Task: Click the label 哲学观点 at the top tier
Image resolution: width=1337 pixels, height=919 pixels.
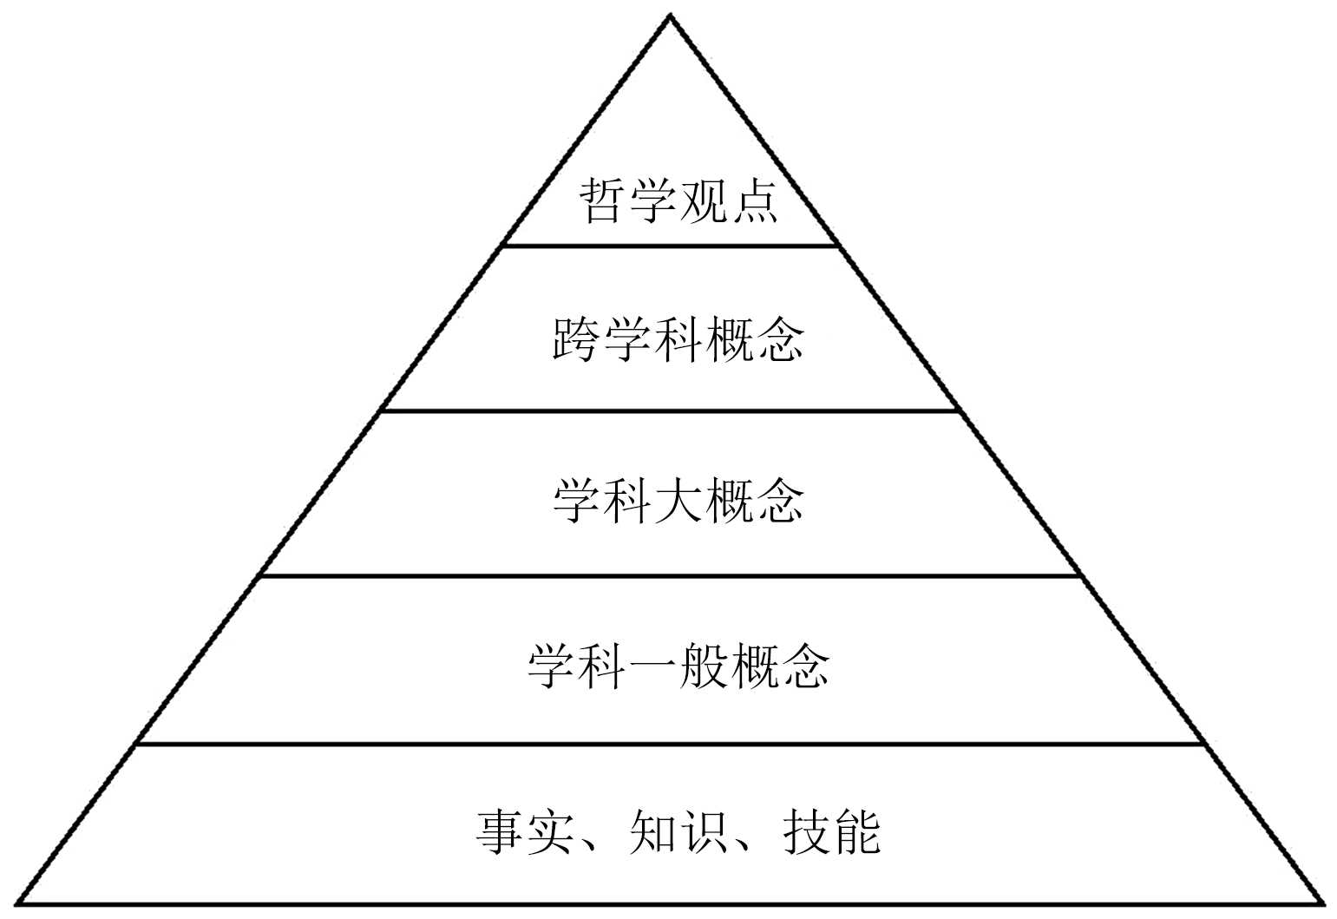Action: tap(678, 201)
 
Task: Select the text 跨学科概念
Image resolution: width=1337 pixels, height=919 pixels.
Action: tap(678, 339)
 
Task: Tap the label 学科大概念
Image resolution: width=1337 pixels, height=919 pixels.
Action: tap(678, 501)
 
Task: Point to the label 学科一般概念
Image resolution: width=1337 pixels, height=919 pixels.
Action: tap(678, 666)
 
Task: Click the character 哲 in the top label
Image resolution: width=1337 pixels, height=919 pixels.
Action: tap(603, 201)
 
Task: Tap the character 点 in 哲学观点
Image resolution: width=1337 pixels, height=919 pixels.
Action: tap(753, 201)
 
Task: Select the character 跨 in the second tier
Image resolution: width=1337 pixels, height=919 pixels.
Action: tap(577, 339)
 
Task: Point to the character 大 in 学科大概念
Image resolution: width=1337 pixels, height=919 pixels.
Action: tap(678, 501)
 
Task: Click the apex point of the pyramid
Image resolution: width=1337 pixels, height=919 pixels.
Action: tap(670, 16)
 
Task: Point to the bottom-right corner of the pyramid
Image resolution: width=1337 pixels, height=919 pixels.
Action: tap(1323, 903)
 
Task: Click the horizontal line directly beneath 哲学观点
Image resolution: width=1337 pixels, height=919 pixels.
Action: tap(670, 246)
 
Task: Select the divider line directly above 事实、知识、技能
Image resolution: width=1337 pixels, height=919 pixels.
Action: tap(670, 744)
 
